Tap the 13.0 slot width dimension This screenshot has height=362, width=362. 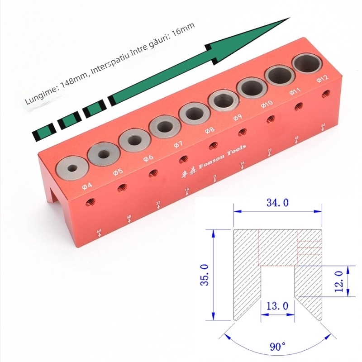278,305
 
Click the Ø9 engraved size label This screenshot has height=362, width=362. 238,117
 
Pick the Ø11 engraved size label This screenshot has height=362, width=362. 294,91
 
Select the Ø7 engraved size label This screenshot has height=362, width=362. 178,144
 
